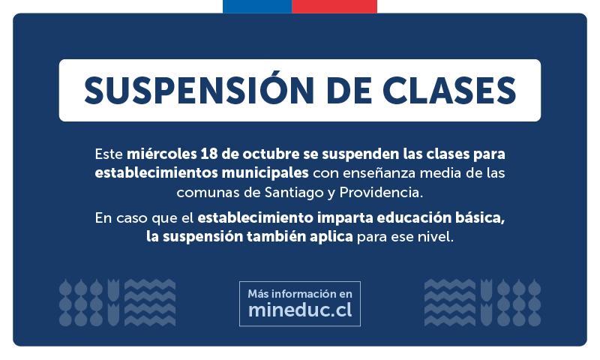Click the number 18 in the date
208,154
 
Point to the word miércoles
161,154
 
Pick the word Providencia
381,192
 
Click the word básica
478,218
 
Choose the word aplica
330,238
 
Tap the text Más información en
299,293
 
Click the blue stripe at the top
256,6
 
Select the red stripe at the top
334,6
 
